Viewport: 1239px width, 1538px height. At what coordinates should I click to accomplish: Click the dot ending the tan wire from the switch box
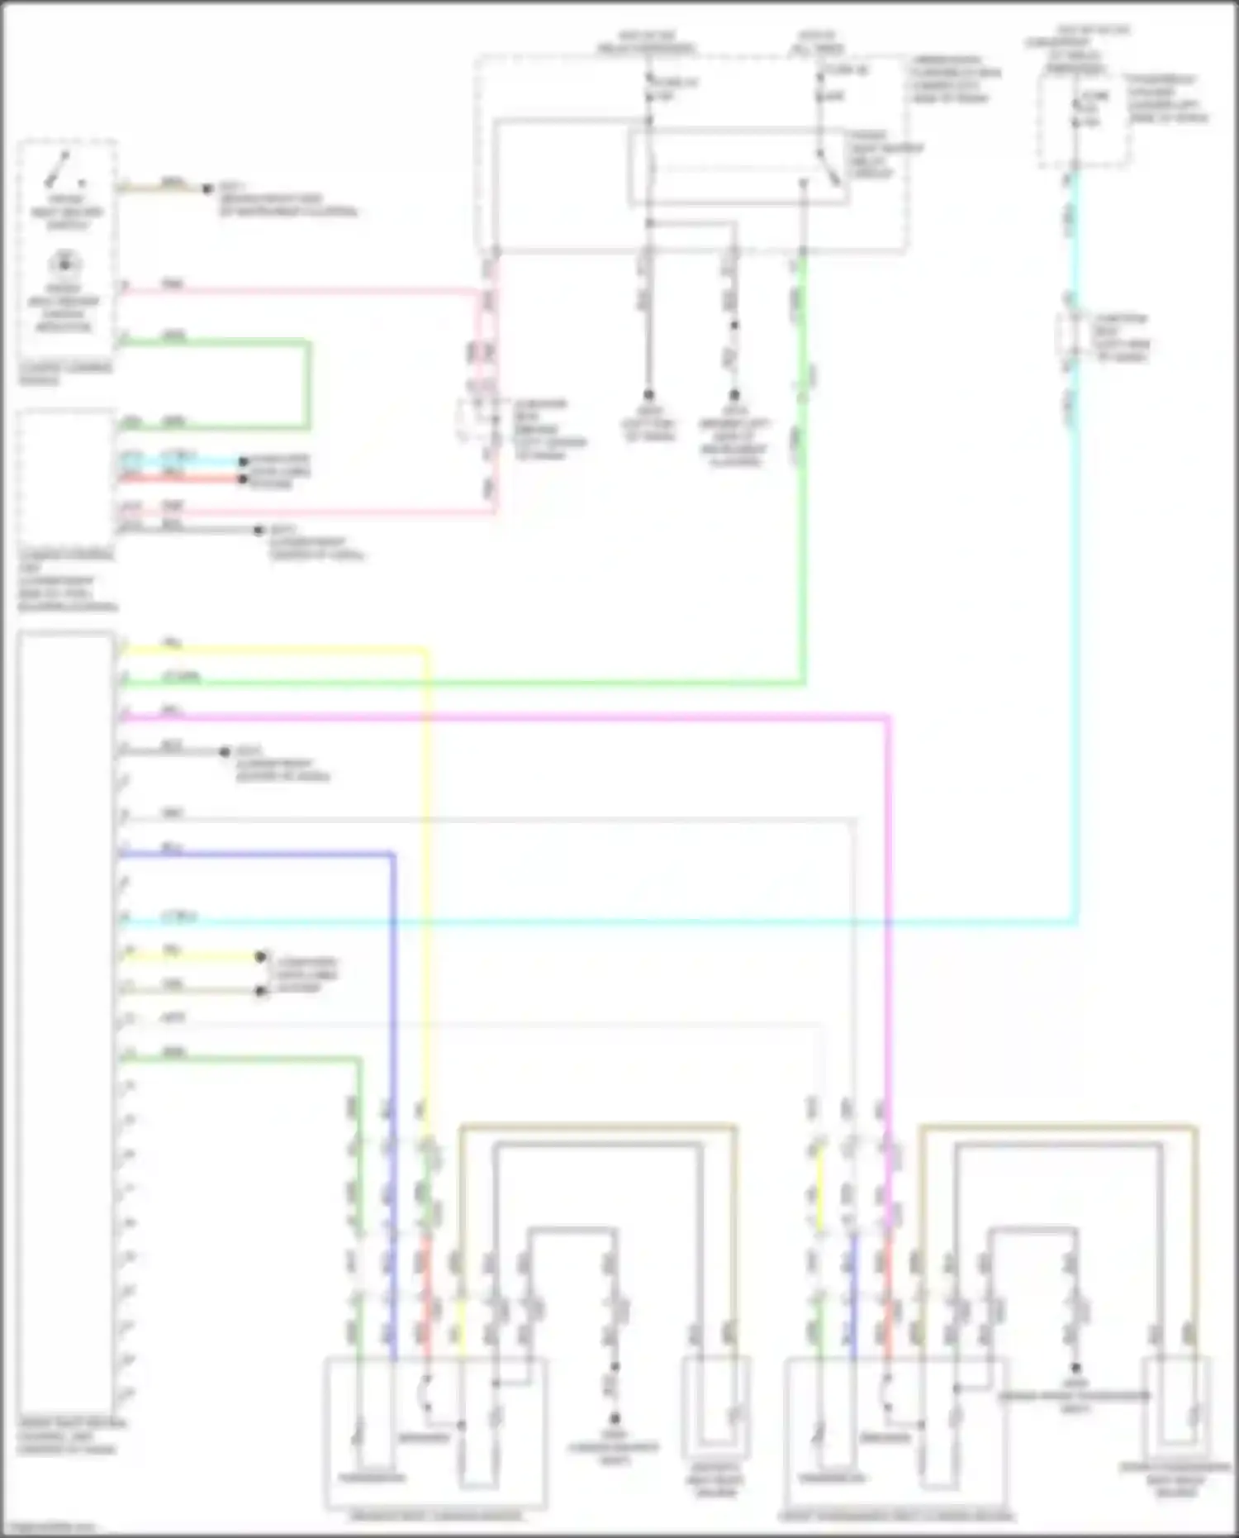pos(208,189)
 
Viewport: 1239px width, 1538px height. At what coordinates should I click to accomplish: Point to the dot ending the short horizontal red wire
pos(244,479)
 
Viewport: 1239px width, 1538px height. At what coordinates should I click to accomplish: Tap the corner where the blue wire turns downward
pos(392,855)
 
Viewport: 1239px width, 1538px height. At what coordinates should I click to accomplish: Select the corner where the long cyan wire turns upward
pos(1075,921)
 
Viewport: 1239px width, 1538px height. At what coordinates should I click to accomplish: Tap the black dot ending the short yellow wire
pos(261,957)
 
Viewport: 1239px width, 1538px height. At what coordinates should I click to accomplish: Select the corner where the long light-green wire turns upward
pos(802,683)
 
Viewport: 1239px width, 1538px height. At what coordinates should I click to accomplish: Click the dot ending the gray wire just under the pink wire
pos(260,530)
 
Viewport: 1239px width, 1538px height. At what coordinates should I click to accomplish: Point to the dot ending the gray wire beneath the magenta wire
pos(224,752)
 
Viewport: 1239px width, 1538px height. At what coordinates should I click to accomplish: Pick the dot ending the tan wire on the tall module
pos(261,990)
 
